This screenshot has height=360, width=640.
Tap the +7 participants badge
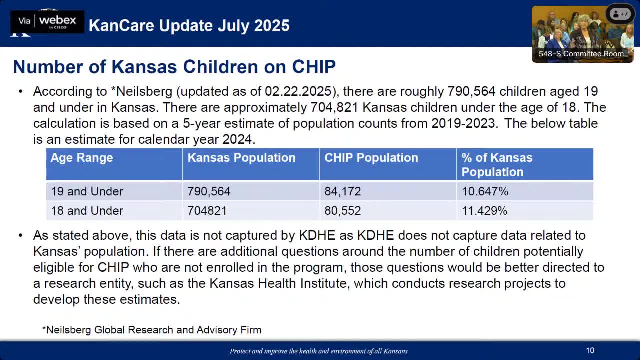click(620, 14)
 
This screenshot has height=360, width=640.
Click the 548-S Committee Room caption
click(581, 54)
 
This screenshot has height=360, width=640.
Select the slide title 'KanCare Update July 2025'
click(189, 25)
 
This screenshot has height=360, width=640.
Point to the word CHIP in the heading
click(313, 66)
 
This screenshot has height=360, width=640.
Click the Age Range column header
click(82, 158)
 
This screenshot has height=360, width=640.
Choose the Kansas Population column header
click(241, 158)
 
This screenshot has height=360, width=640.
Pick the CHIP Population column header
click(371, 158)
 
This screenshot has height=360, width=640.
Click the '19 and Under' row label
click(87, 191)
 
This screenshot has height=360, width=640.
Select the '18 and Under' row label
click(87, 211)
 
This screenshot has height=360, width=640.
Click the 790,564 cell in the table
click(209, 191)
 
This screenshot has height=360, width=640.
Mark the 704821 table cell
click(207, 211)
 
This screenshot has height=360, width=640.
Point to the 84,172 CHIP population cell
click(342, 191)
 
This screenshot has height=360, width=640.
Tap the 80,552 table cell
click(342, 211)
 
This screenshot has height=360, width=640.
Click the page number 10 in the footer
click(590, 351)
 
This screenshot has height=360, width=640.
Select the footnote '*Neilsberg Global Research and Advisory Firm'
click(152, 330)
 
